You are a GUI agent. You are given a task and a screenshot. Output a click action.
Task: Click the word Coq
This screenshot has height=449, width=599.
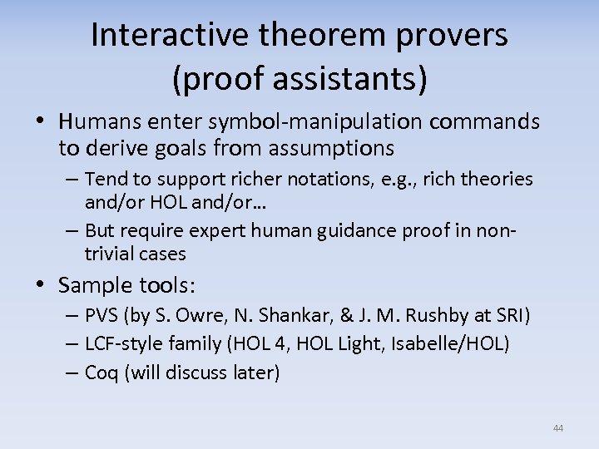tap(102, 373)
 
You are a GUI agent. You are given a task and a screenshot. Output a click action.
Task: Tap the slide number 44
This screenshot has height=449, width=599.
tap(557, 428)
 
